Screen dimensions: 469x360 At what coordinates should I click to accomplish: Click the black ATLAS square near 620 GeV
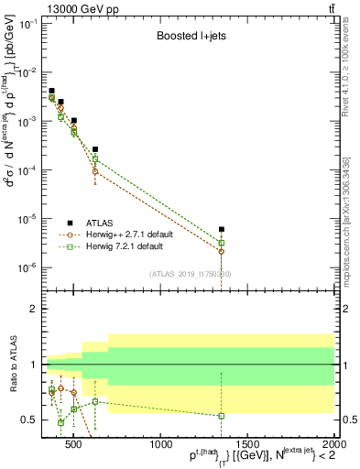click(95, 148)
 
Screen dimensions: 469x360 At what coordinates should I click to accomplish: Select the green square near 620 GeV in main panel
click(95, 159)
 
